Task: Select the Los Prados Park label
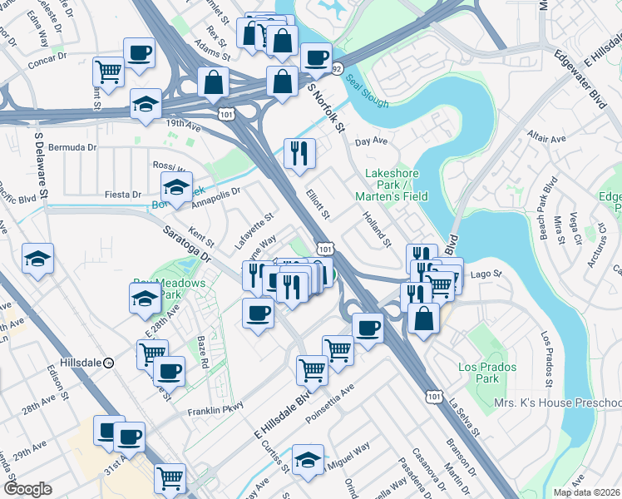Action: [487, 373]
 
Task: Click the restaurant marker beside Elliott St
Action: [299, 152]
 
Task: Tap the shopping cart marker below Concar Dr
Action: [108, 72]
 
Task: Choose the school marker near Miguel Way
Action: [307, 460]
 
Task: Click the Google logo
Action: [27, 489]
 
